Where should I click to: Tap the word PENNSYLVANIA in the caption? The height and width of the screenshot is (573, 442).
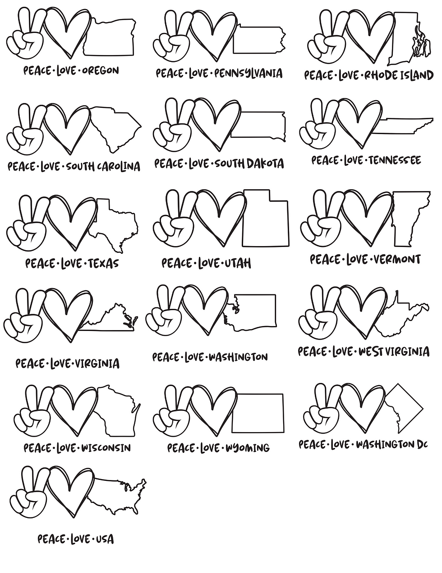coord(249,74)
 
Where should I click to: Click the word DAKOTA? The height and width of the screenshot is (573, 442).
coord(265,164)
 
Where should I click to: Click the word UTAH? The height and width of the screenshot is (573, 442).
coord(238,263)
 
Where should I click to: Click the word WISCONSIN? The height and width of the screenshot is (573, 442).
coord(106,448)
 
